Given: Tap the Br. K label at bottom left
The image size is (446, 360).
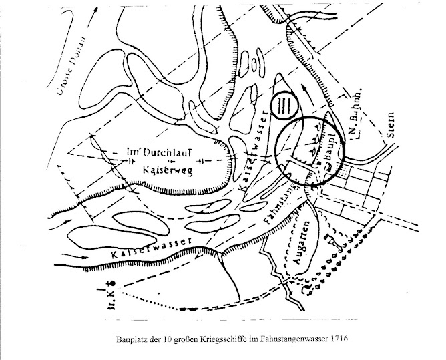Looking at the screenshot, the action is point(109,295).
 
